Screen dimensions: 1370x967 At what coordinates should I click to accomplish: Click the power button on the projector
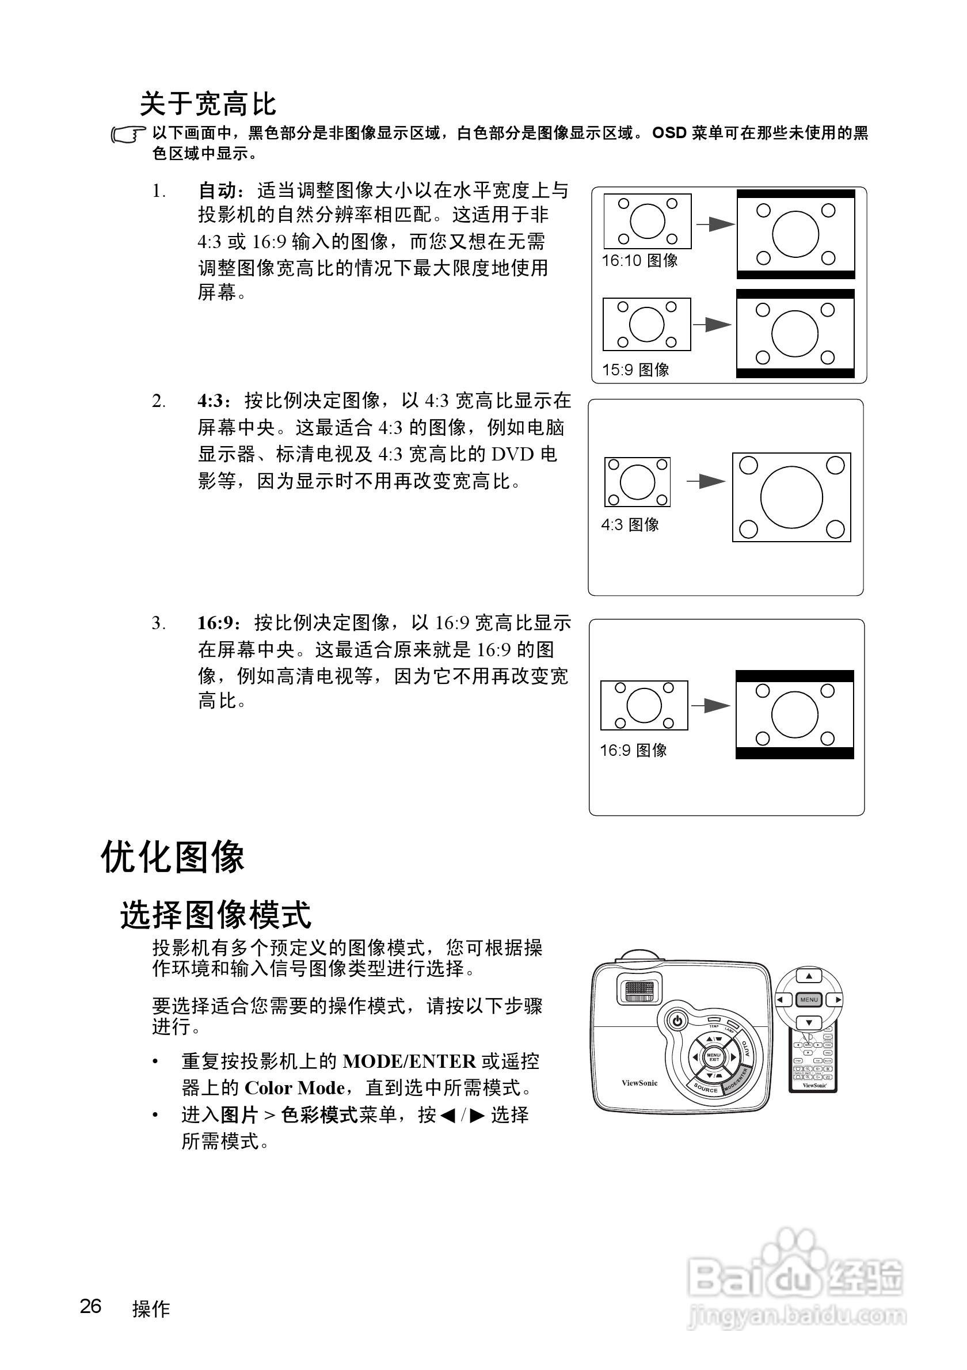pyautogui.click(x=677, y=1021)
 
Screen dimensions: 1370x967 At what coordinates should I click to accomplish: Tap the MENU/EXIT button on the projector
pyautogui.click(x=714, y=1057)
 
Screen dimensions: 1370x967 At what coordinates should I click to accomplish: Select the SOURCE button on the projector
pyautogui.click(x=705, y=1089)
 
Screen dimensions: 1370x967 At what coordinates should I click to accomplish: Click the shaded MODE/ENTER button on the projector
pyautogui.click(x=736, y=1080)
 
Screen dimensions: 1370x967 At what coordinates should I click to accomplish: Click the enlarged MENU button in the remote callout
pyautogui.click(x=809, y=999)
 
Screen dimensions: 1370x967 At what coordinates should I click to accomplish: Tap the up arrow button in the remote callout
pyautogui.click(x=809, y=977)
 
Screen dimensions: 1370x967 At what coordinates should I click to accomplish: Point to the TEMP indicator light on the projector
pyautogui.click(x=714, y=1020)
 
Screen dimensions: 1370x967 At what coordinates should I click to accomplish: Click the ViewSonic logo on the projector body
pyautogui.click(x=639, y=1083)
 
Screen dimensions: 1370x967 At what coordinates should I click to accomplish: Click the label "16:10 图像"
pyautogui.click(x=639, y=261)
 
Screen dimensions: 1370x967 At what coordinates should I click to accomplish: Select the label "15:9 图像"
pyautogui.click(x=635, y=370)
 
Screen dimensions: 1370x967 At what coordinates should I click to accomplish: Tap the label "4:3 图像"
pyautogui.click(x=630, y=524)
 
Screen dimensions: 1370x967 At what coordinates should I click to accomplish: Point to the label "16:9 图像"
pyautogui.click(x=633, y=750)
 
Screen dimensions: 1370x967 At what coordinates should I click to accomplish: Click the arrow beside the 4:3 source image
pyautogui.click(x=706, y=481)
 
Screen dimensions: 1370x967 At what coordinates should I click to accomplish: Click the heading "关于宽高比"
pyautogui.click(x=208, y=104)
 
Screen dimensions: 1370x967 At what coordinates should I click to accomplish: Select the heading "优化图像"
pyautogui.click(x=173, y=858)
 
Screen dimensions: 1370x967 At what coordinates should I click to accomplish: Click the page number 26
pyautogui.click(x=91, y=1306)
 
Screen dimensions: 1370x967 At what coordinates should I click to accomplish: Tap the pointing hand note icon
pyautogui.click(x=128, y=135)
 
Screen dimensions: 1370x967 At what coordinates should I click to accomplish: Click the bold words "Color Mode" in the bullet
pyautogui.click(x=295, y=1088)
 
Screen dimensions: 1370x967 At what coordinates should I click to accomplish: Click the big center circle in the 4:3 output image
pyautogui.click(x=791, y=497)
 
